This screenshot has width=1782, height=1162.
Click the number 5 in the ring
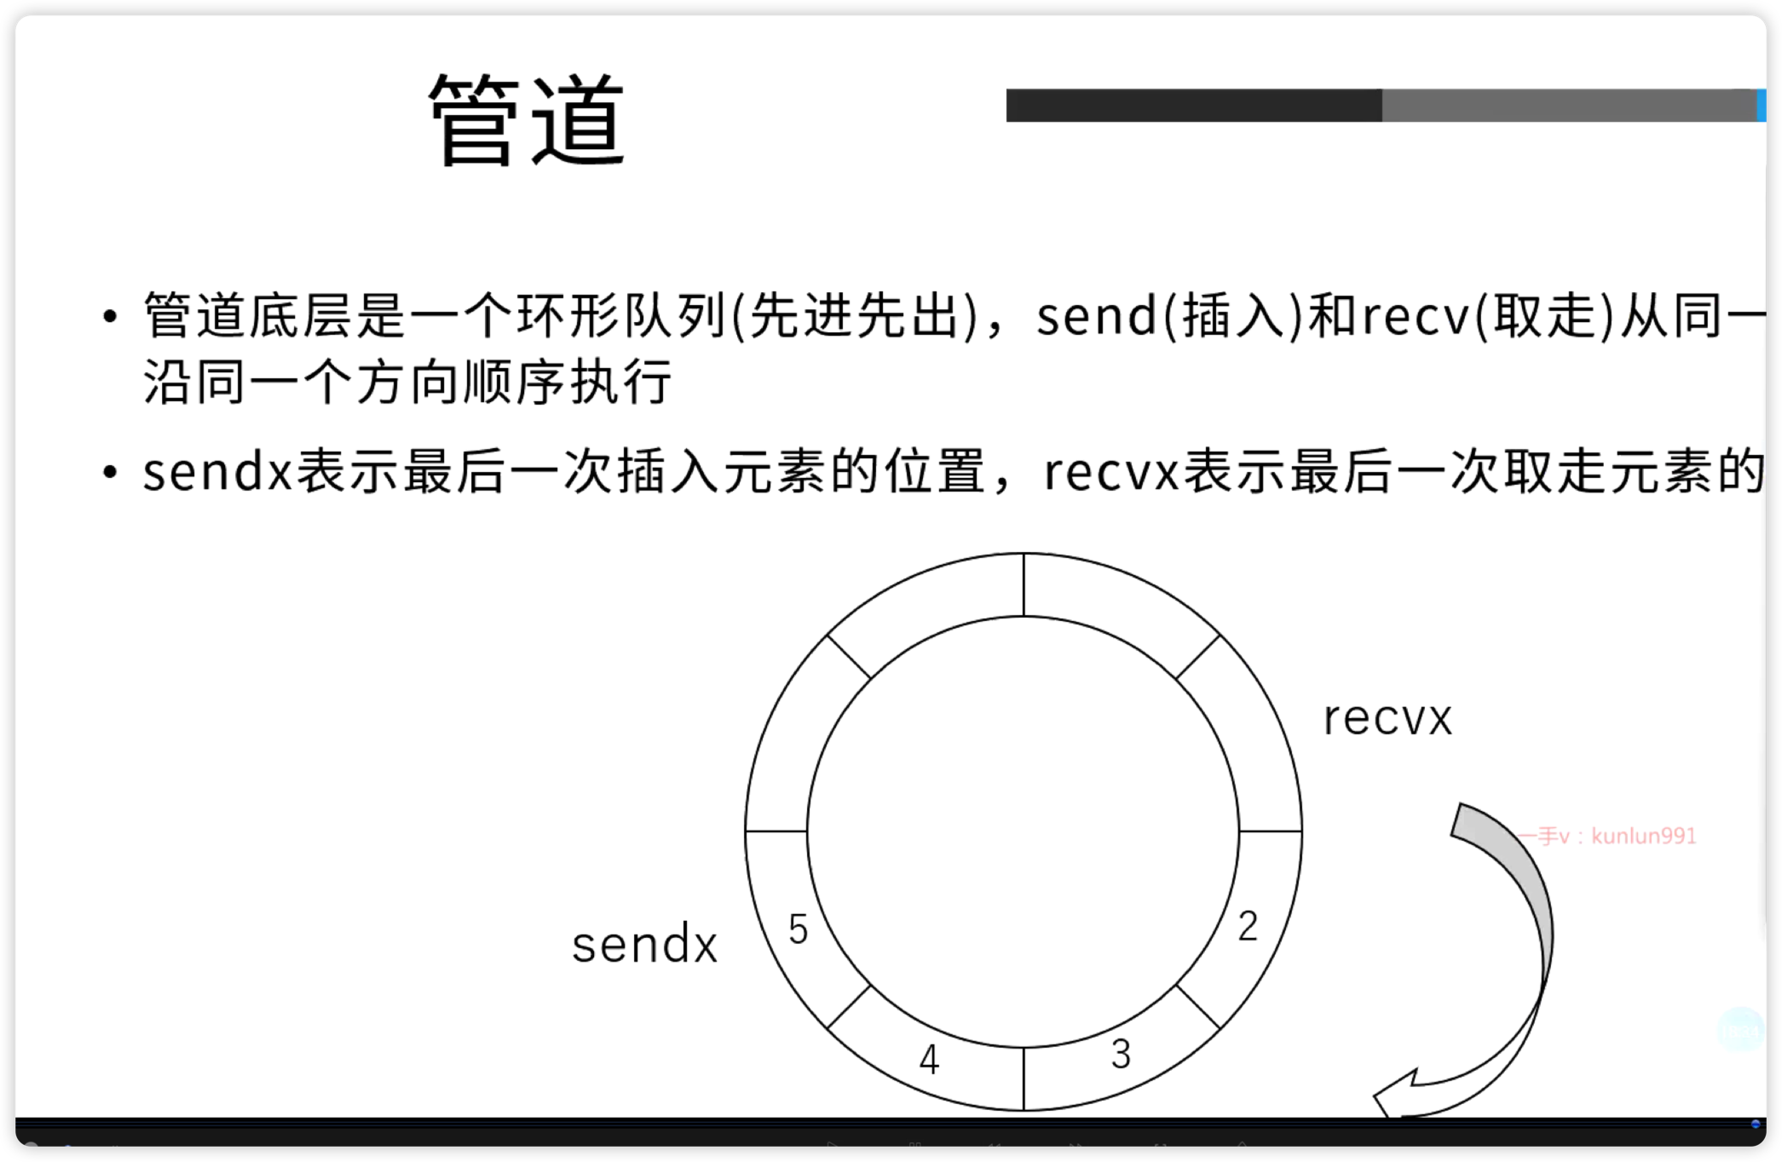798,929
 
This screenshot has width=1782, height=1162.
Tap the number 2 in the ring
1248,926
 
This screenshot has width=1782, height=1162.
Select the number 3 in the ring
1121,1055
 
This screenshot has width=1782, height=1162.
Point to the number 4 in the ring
929,1060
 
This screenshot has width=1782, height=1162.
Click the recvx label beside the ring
1387,718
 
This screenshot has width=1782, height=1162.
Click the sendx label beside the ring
644,946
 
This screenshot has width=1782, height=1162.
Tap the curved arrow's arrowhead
1398,1095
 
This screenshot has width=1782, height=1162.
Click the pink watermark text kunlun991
1643,836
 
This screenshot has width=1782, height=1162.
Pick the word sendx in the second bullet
216,472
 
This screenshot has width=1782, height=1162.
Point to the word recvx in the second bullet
1111,472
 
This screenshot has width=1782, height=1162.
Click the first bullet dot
109,317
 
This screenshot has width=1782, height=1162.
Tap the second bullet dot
109,472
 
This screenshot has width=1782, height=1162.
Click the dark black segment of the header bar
1193,106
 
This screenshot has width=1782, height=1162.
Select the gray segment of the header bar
1568,106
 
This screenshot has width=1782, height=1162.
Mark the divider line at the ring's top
1024,584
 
